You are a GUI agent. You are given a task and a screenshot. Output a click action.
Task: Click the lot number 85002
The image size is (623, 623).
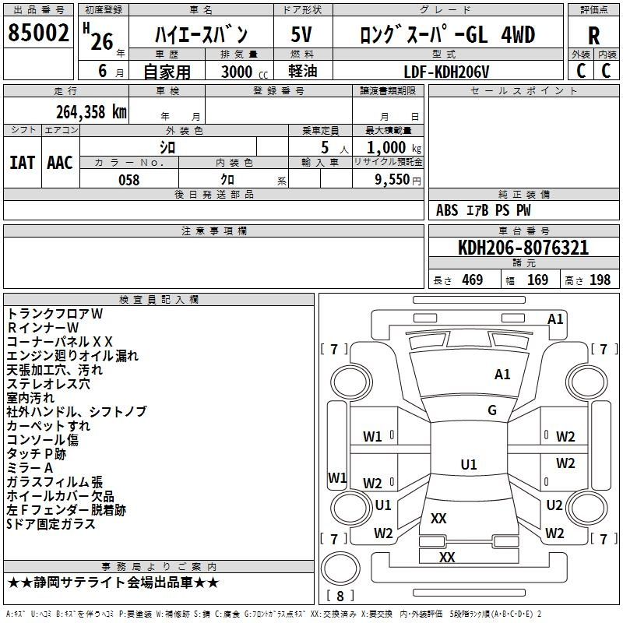[38, 33]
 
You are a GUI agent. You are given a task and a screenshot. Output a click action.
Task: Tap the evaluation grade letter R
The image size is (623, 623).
[593, 36]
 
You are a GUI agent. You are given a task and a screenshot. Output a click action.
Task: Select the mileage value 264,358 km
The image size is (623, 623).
[91, 112]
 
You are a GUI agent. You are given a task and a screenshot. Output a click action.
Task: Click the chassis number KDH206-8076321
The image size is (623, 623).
[523, 248]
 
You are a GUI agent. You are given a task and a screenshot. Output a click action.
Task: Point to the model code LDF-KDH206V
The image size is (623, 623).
[446, 72]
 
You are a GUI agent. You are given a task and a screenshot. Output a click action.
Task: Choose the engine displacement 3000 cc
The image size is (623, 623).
[245, 72]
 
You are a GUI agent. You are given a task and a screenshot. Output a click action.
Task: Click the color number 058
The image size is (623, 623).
[129, 180]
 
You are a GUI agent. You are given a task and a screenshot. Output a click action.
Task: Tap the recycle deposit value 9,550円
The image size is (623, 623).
[398, 180]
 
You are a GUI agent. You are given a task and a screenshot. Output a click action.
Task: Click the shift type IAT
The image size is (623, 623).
[22, 163]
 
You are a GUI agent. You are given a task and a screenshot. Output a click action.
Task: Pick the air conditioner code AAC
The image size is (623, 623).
[60, 163]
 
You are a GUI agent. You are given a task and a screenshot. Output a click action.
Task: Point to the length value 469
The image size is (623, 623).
[473, 280]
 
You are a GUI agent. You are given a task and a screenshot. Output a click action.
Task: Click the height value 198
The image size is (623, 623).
[600, 280]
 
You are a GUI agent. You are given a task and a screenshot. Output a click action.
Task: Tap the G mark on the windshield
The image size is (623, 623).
[492, 410]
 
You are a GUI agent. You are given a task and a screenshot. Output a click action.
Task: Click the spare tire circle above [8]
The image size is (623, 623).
[340, 568]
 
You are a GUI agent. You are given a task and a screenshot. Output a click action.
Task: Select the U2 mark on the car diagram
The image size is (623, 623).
[554, 505]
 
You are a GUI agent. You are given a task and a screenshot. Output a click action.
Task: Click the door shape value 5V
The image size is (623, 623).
[301, 34]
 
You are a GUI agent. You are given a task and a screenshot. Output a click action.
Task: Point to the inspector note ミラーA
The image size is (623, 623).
[30, 468]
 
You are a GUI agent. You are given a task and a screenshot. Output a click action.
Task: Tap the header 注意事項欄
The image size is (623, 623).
[214, 231]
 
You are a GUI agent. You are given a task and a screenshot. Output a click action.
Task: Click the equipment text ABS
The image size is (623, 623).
[447, 210]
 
